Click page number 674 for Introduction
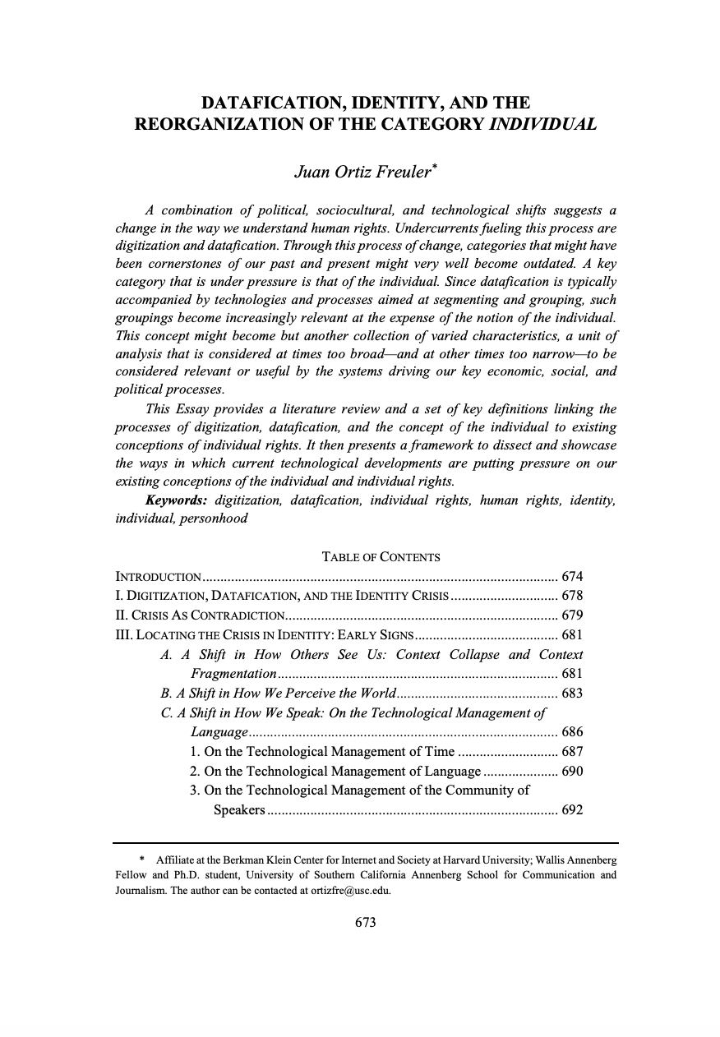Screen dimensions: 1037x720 point(571,576)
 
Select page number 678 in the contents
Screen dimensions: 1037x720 point(571,596)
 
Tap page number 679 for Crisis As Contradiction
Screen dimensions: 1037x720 point(571,615)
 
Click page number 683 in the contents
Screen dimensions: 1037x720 point(571,693)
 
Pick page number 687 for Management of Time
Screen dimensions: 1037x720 point(571,752)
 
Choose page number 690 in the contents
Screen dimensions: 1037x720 point(571,772)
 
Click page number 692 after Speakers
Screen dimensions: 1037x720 point(571,811)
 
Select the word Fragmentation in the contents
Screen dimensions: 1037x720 point(233,674)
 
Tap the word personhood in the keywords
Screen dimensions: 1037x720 point(214,518)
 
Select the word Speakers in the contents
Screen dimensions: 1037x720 point(238,811)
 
